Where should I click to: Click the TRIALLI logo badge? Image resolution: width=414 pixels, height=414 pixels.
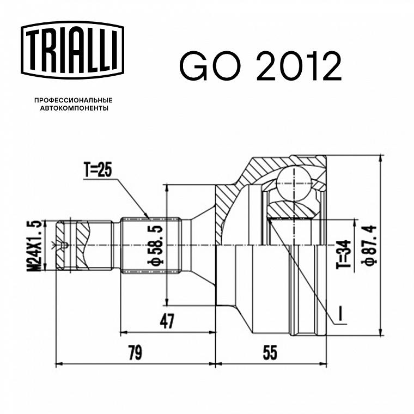(72, 50)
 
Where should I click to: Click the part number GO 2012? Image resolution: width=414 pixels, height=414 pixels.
(260, 66)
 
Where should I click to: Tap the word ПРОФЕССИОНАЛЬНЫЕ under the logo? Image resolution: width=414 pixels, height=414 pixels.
(74, 100)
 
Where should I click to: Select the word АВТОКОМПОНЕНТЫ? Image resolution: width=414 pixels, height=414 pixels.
(74, 108)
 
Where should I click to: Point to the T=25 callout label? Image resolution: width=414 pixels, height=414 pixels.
(98, 170)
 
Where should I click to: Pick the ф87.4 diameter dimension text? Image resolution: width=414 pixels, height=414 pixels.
(370, 245)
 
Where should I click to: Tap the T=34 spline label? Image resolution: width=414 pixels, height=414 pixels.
(344, 254)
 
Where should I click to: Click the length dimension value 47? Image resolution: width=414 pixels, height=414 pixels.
(167, 321)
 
